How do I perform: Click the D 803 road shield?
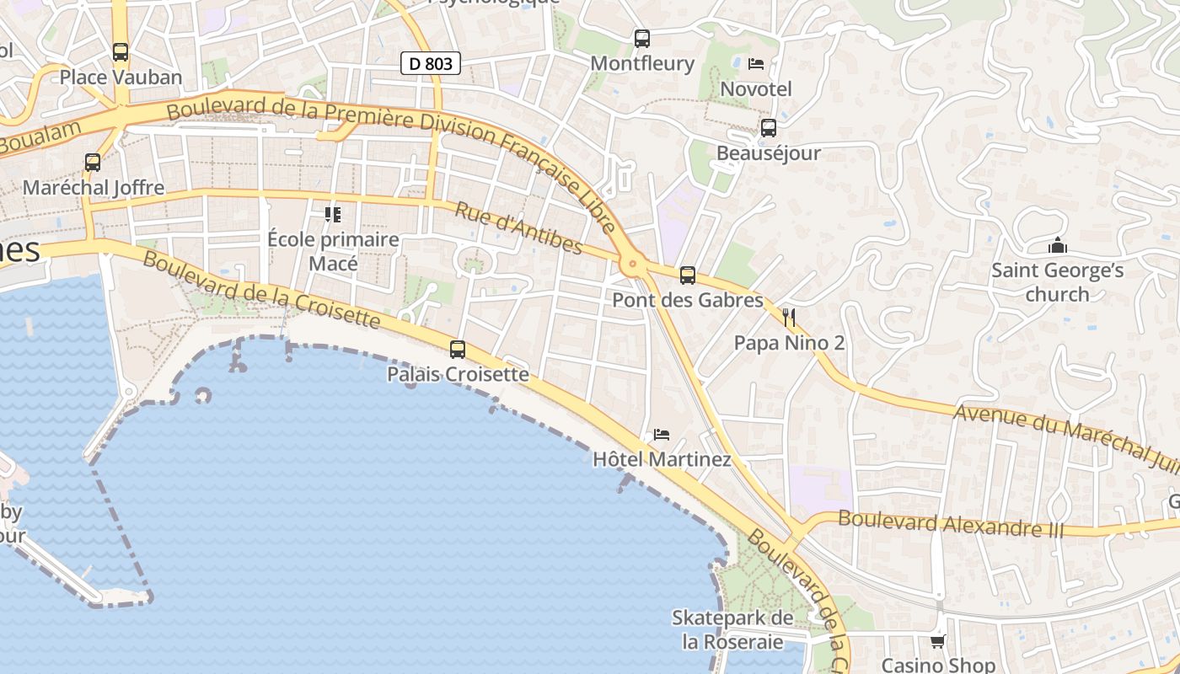430,62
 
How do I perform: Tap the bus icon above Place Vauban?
121,52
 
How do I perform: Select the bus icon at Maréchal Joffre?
93,163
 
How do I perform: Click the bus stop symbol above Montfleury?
642,38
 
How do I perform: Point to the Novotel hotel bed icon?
756,64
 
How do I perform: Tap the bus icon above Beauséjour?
769,128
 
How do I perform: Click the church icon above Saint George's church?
1057,246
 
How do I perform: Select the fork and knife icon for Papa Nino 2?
789,318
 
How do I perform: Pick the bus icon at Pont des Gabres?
688,275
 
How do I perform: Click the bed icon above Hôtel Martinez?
662,435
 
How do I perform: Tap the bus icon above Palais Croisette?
458,349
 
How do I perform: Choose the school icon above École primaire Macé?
333,215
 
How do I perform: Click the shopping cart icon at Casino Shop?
938,642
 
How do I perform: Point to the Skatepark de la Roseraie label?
732,629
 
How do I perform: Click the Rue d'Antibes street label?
518,227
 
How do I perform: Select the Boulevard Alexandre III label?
951,524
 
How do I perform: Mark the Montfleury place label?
642,63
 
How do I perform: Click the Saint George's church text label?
1057,282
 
